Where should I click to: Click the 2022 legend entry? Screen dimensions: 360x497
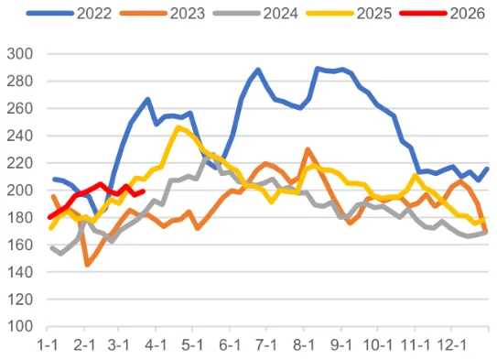click(x=81, y=14)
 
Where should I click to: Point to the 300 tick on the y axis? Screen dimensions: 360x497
click(x=21, y=54)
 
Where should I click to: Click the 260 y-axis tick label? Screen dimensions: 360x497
click(x=21, y=108)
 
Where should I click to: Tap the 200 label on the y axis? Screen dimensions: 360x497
click(x=21, y=191)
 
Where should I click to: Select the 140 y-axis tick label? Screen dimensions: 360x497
click(x=21, y=272)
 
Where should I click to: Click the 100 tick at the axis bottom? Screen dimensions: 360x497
click(x=21, y=327)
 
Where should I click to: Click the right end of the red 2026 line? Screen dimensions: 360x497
click(x=144, y=191)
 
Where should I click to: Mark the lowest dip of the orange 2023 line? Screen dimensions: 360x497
click(x=87, y=265)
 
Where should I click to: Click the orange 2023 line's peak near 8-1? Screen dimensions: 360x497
click(x=308, y=149)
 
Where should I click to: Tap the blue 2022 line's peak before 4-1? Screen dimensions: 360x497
click(x=147, y=99)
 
